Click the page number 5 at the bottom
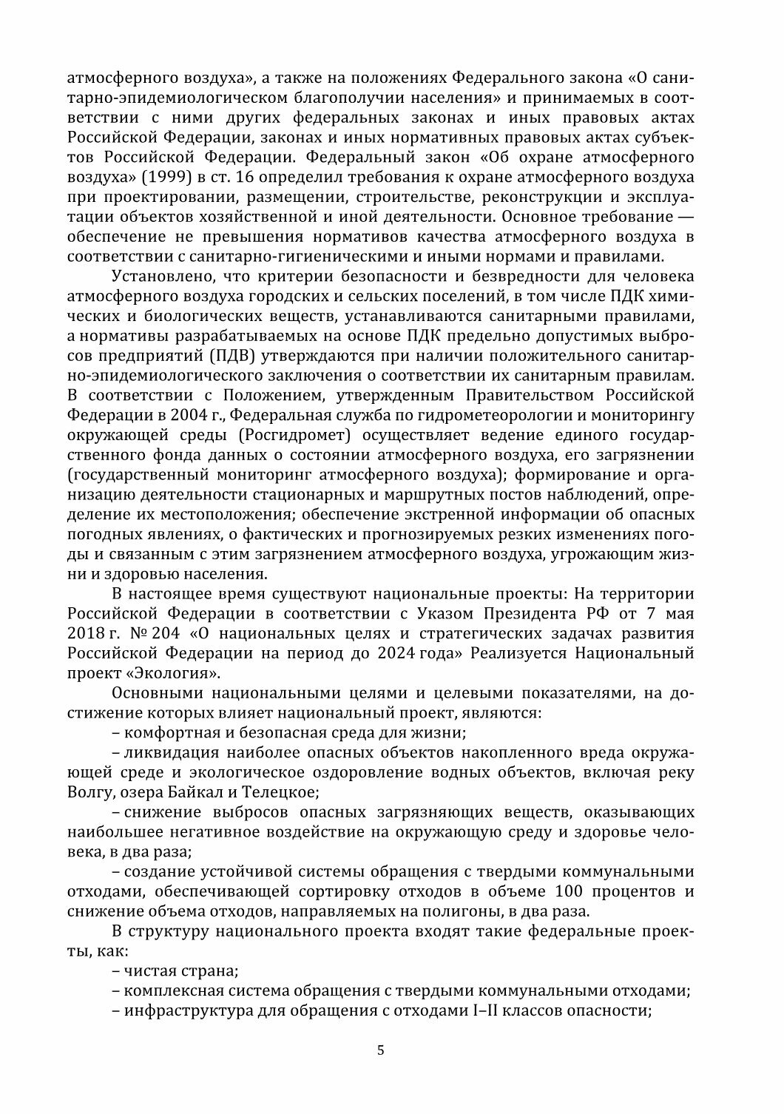coord(380,1051)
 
